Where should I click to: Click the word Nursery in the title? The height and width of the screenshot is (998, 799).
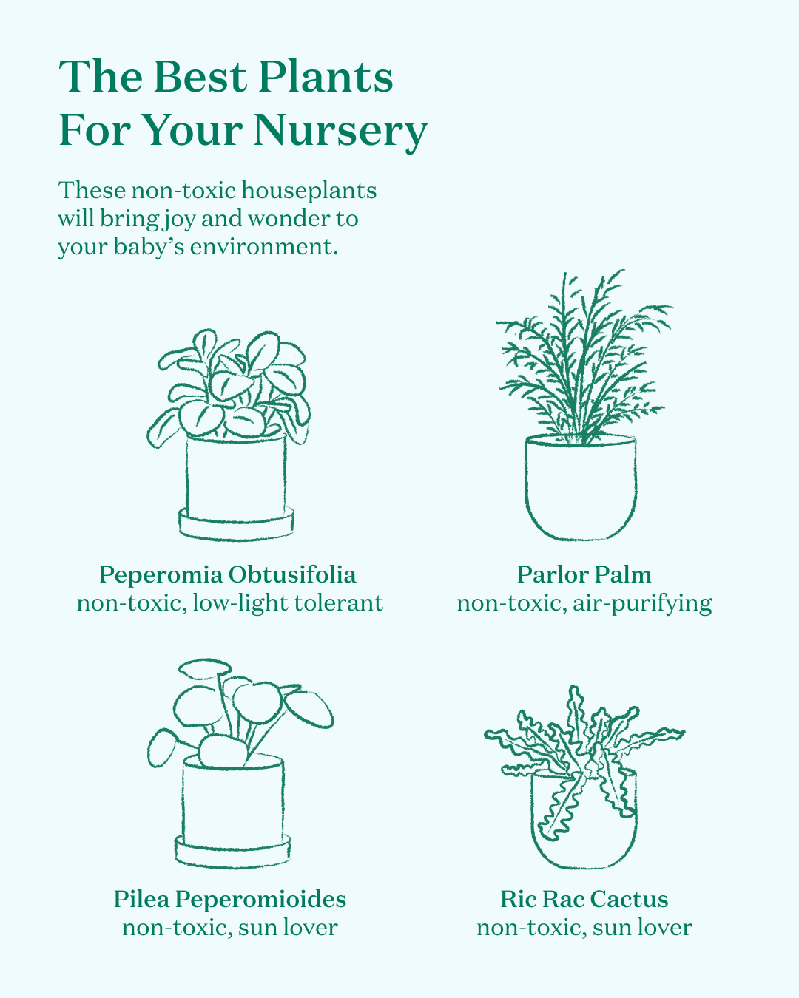[x=340, y=130]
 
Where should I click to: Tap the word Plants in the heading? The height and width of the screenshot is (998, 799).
[x=326, y=77]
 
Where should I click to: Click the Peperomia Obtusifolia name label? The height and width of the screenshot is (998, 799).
[x=227, y=575]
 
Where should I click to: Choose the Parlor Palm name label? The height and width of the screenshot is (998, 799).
[x=584, y=574]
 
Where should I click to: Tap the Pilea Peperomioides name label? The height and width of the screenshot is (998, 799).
[x=230, y=899]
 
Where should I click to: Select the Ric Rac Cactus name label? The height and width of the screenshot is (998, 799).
[x=584, y=899]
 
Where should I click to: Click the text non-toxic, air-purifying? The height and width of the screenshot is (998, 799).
[x=584, y=604]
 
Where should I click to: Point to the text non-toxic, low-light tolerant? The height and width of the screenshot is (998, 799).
[x=230, y=604]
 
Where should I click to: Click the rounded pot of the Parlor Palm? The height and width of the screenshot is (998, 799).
[x=581, y=487]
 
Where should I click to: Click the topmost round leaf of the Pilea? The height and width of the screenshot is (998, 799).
[x=205, y=668]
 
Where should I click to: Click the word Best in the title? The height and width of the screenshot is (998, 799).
[x=200, y=77]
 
